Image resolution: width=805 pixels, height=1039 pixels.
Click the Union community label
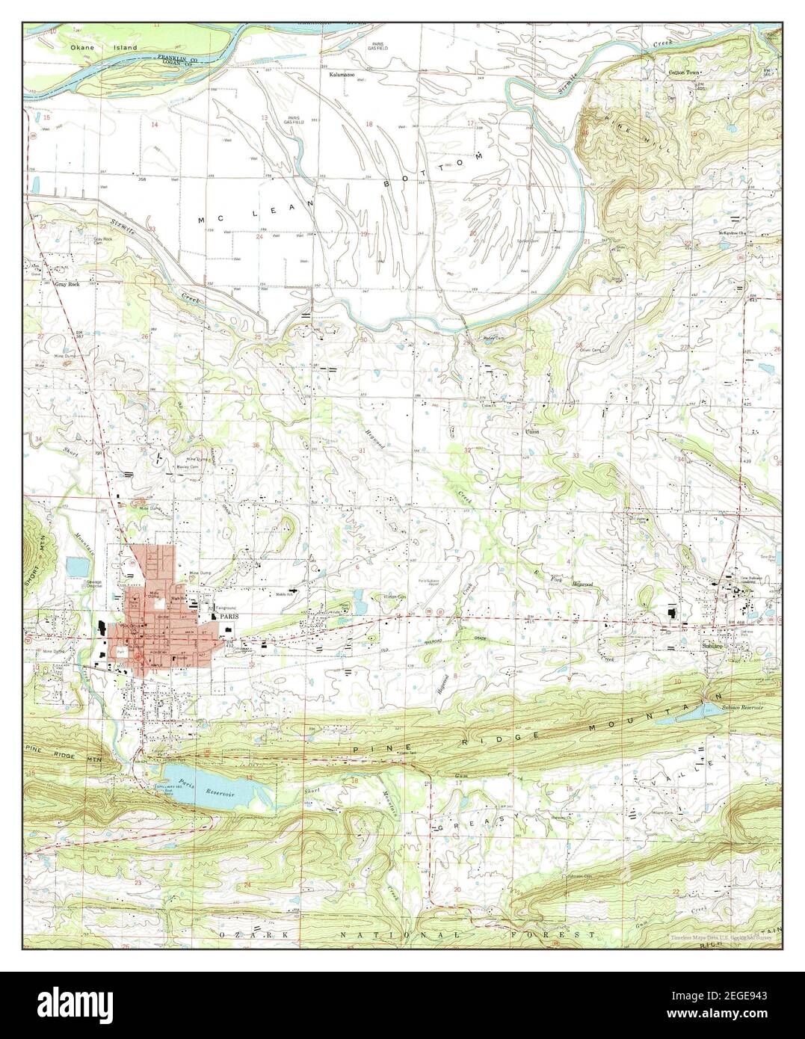[x=532, y=432]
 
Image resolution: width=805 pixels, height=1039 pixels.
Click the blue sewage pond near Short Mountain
[x=76, y=566]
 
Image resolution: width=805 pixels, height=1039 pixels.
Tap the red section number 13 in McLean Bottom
[x=264, y=119]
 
